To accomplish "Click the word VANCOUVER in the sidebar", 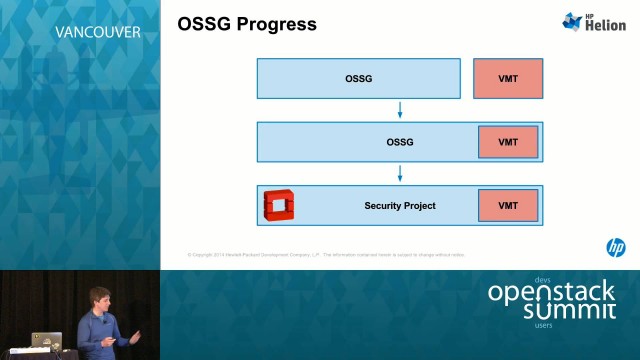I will [x=97, y=31].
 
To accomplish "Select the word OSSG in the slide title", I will [x=204, y=24].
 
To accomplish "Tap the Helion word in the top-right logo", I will [x=605, y=26].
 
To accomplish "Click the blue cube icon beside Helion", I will [x=573, y=21].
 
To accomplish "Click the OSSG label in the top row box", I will [x=358, y=78].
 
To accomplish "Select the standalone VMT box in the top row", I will [x=508, y=78].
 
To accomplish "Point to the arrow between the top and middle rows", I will [x=400, y=110].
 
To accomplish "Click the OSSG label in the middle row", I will [x=400, y=142].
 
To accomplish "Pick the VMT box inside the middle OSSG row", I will [x=508, y=142].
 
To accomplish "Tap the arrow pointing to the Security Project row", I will [x=400, y=173].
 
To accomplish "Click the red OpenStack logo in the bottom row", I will [x=276, y=205].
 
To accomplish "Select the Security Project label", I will [x=400, y=206].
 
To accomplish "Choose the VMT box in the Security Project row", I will [x=508, y=206].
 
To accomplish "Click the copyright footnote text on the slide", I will [x=326, y=255].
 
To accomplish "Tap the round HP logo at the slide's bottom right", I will [x=616, y=247].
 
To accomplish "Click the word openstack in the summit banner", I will [x=551, y=293].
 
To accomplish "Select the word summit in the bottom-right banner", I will [x=569, y=311].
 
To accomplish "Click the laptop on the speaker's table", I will [x=46, y=342].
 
